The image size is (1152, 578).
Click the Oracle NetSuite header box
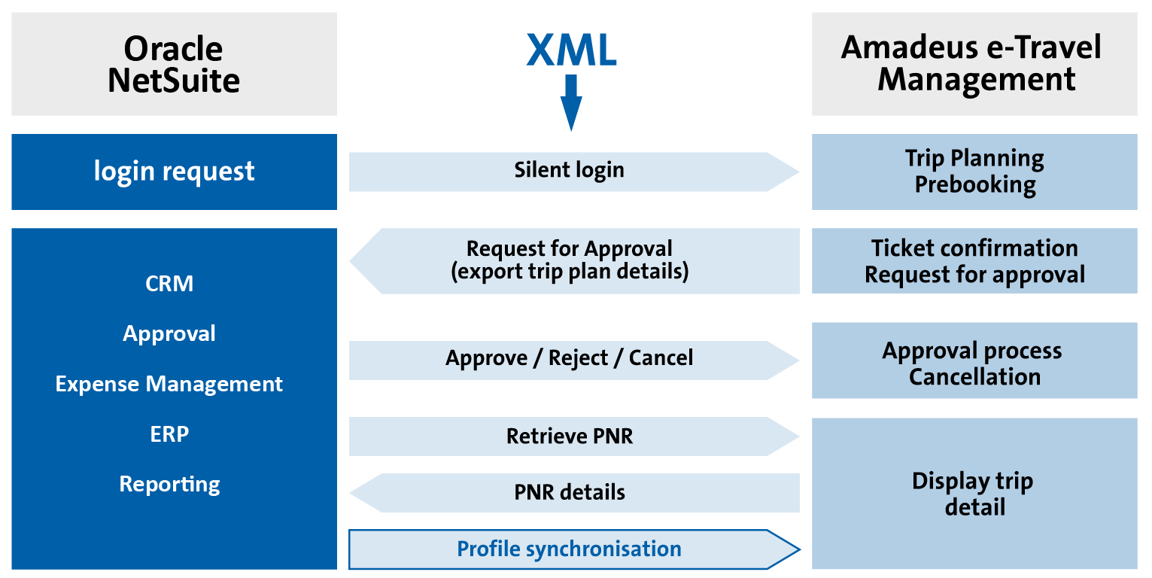point(174,65)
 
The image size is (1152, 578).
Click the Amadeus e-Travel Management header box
point(974,65)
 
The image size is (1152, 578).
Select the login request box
point(174,172)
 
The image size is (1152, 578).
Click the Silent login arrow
point(570,171)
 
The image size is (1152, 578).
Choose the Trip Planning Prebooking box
point(974,172)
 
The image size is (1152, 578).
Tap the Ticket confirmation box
point(974,260)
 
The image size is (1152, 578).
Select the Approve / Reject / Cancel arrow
point(570,359)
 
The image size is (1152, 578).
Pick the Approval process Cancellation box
point(974,361)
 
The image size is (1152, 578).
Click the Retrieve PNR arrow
point(570,437)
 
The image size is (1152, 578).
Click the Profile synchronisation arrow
point(570,549)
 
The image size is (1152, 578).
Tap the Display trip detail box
point(974,494)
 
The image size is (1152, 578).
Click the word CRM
point(169,284)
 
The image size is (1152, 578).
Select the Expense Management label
point(169,384)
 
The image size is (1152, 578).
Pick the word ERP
point(169,434)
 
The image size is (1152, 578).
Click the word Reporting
point(169,484)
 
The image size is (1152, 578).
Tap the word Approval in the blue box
point(169,333)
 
